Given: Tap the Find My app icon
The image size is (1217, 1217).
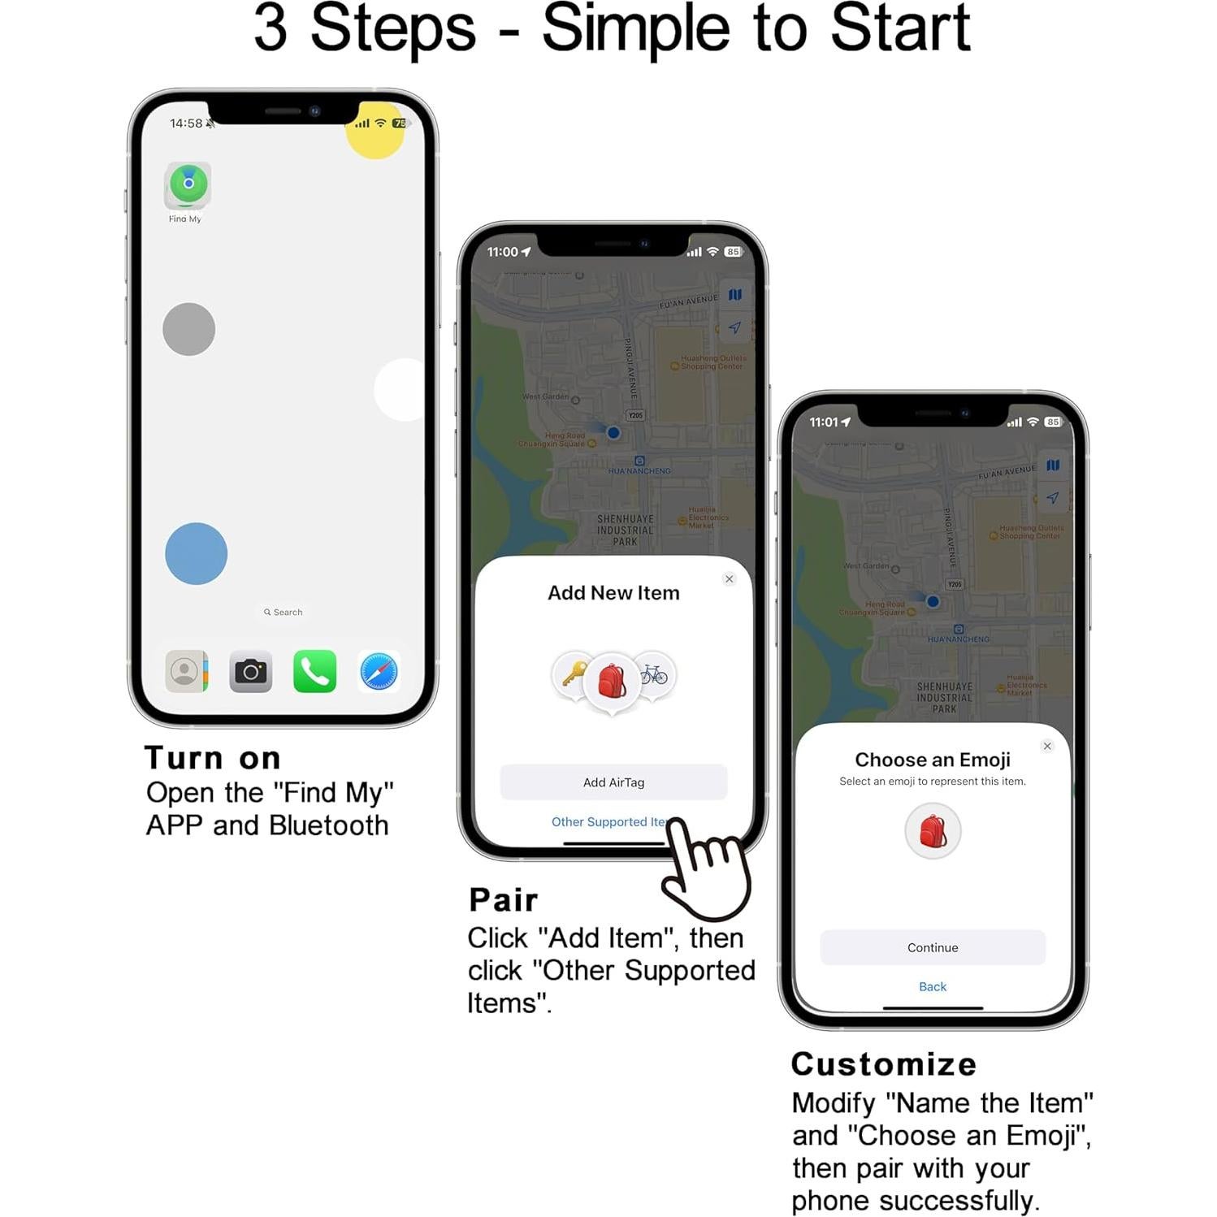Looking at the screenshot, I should pyautogui.click(x=188, y=184).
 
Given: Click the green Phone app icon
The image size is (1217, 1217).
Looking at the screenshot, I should pyautogui.click(x=314, y=671).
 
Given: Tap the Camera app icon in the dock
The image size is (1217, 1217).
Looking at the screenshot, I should pyautogui.click(x=250, y=671).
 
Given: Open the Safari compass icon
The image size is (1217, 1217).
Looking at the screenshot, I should pyautogui.click(x=379, y=671).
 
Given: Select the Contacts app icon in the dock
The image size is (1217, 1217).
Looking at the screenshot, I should pyautogui.click(x=186, y=671).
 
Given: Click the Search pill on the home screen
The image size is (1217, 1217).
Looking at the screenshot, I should pyautogui.click(x=283, y=612).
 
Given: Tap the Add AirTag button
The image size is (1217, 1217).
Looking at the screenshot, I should pyautogui.click(x=613, y=782).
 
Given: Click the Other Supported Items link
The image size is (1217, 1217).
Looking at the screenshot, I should pyautogui.click(x=609, y=821).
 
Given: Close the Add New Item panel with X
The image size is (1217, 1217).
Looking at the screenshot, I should pyautogui.click(x=729, y=578).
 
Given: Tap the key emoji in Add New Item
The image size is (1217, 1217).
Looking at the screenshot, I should pyautogui.click(x=574, y=673).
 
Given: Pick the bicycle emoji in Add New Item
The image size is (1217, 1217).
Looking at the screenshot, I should pyautogui.click(x=655, y=673).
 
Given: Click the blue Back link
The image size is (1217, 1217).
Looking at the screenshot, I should pyautogui.click(x=932, y=986).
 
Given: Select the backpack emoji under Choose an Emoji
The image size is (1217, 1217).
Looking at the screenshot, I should pyautogui.click(x=933, y=830).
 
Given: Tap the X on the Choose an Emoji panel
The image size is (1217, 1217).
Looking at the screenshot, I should pyautogui.click(x=1047, y=746).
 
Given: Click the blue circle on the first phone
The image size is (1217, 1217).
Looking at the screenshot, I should pyautogui.click(x=196, y=553).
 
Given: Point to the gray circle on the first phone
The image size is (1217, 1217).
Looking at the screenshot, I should pyautogui.click(x=188, y=329).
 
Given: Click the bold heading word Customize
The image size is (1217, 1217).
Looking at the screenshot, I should pyautogui.click(x=883, y=1063).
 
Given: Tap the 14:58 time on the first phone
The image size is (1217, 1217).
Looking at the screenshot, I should pyautogui.click(x=186, y=123).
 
